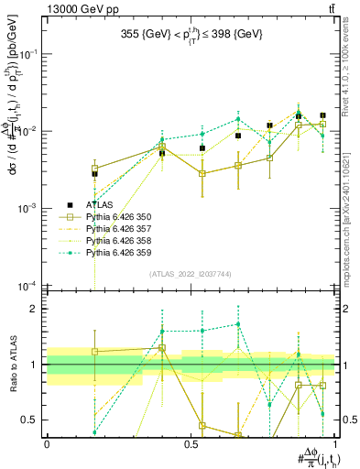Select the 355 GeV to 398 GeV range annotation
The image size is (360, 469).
[193, 35]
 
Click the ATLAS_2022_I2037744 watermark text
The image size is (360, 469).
[193, 274]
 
